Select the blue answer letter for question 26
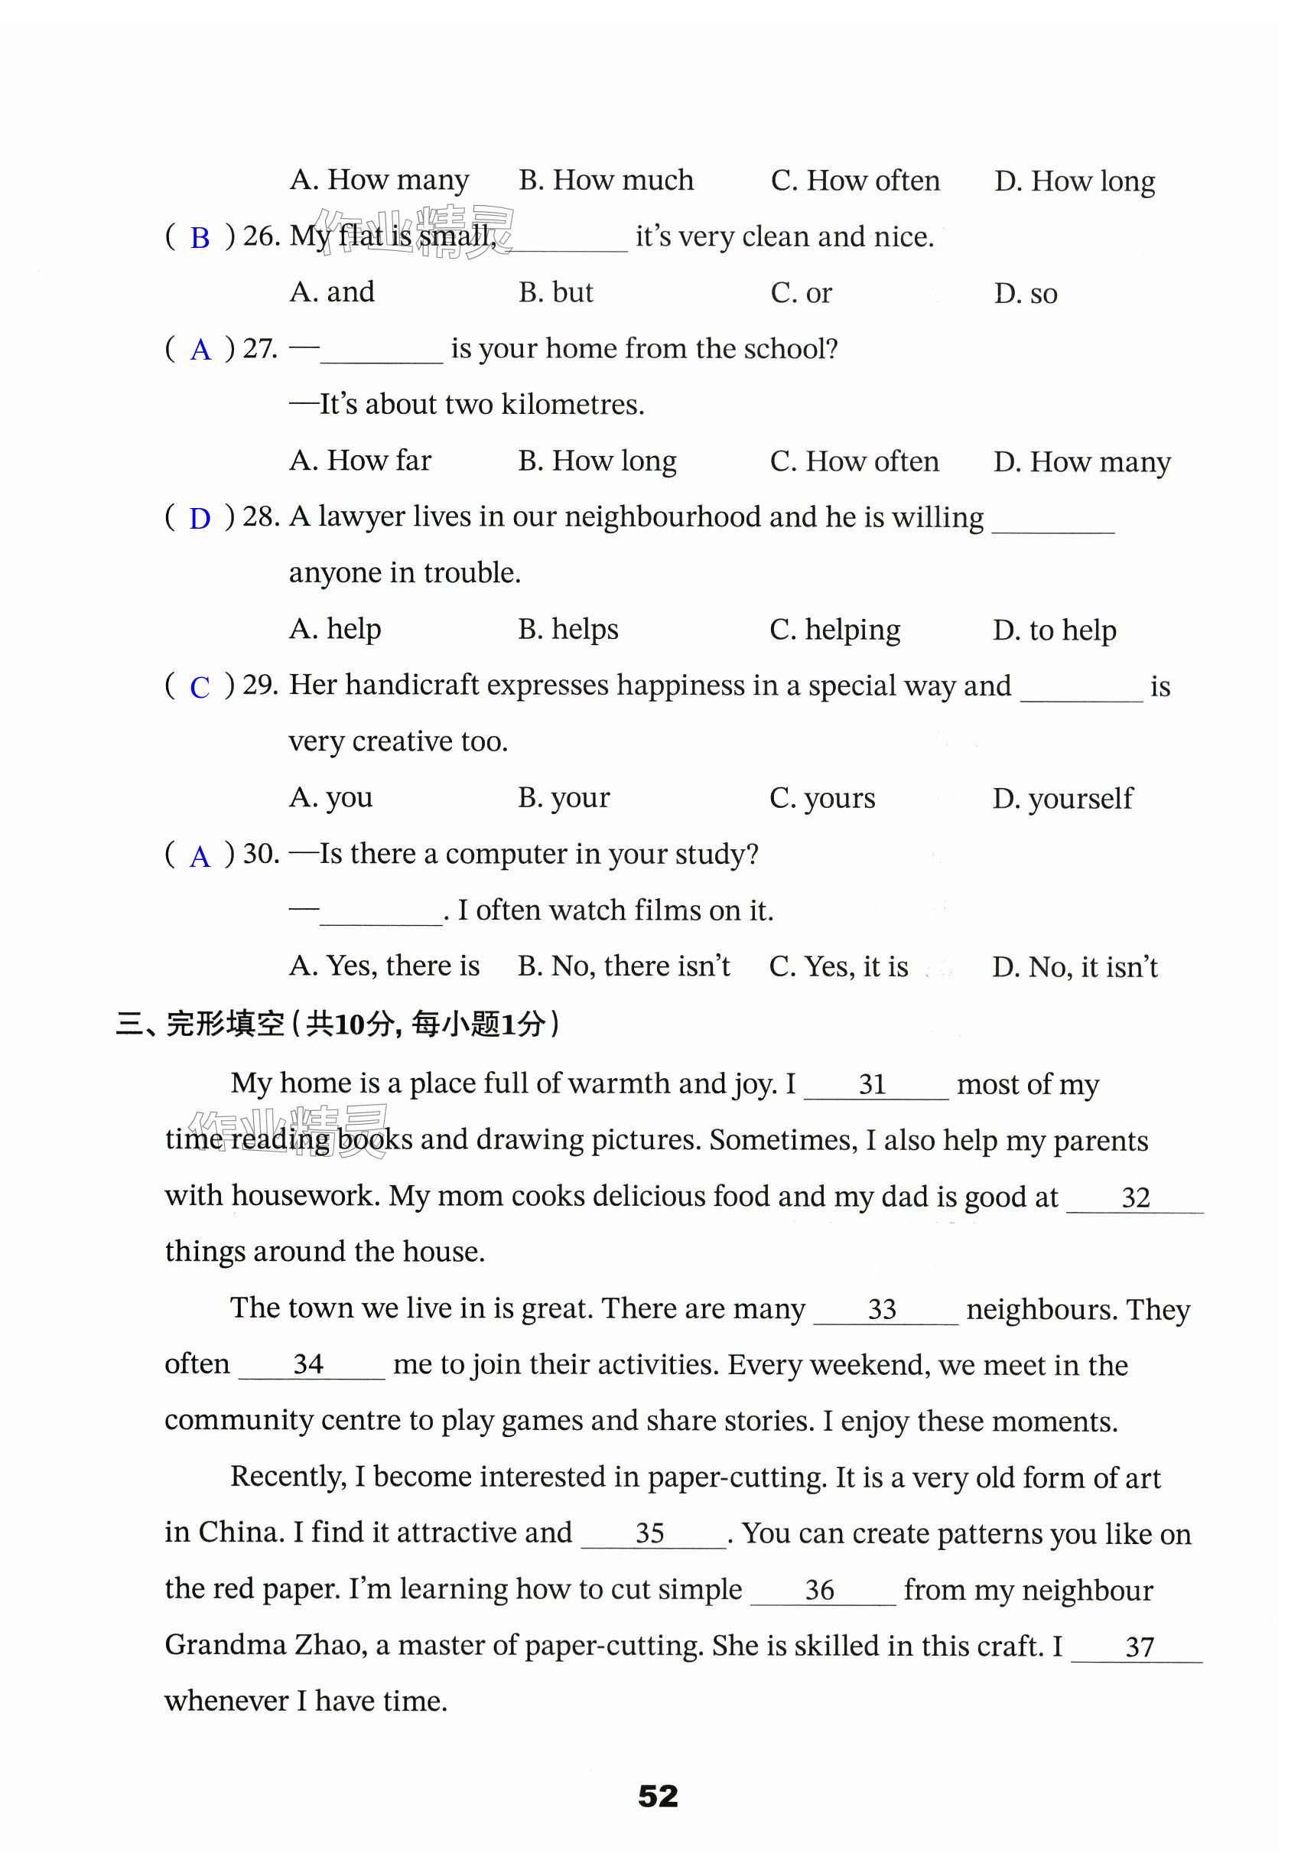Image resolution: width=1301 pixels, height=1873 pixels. point(200,238)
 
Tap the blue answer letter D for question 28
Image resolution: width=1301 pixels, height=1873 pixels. point(200,519)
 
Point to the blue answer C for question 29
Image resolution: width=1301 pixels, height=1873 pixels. point(200,687)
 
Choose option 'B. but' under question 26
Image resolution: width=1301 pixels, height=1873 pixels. point(555,293)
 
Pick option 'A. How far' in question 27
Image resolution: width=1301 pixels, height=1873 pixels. point(359,461)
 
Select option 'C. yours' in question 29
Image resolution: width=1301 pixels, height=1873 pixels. point(821,797)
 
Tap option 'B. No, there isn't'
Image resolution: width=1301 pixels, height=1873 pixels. point(623,966)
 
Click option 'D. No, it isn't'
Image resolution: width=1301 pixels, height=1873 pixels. point(1075,967)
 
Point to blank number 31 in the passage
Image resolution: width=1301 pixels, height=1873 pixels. point(872,1084)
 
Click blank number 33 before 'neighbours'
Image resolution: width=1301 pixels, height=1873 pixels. point(882,1310)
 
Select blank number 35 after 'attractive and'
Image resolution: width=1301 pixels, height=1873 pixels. point(649,1534)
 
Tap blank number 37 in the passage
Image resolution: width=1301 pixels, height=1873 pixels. point(1139,1647)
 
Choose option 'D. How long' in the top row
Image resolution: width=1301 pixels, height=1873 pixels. point(1074,181)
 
